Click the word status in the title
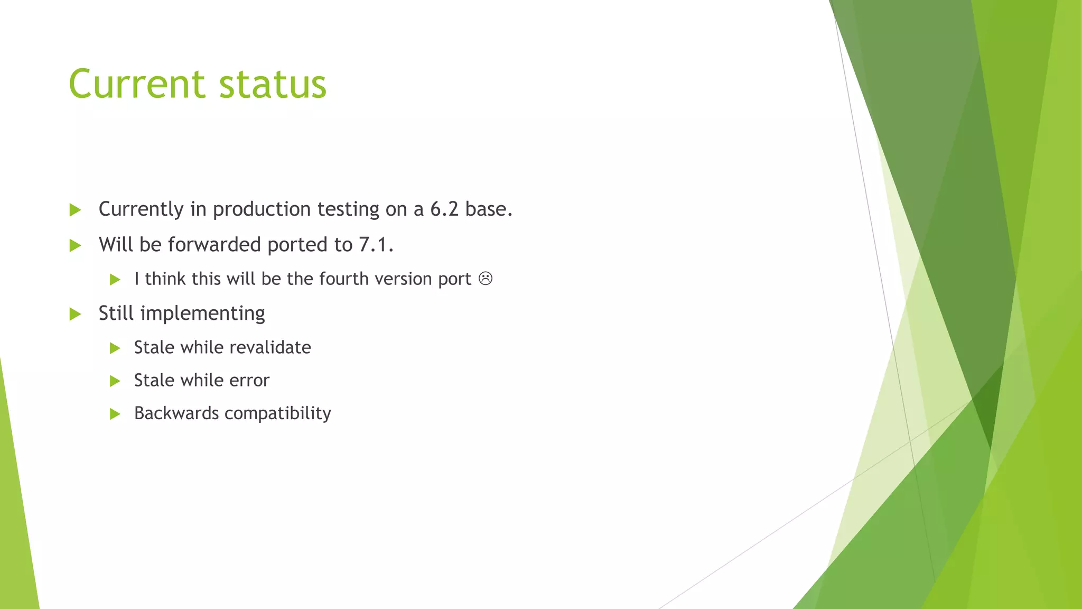pos(273,84)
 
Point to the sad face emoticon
pos(486,279)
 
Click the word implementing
pos(202,314)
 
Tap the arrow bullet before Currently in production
pos(75,210)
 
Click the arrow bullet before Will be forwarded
pos(75,245)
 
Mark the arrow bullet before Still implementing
pos(75,314)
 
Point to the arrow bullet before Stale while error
pos(115,381)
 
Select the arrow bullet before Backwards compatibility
pos(115,414)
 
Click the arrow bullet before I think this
pos(115,279)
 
